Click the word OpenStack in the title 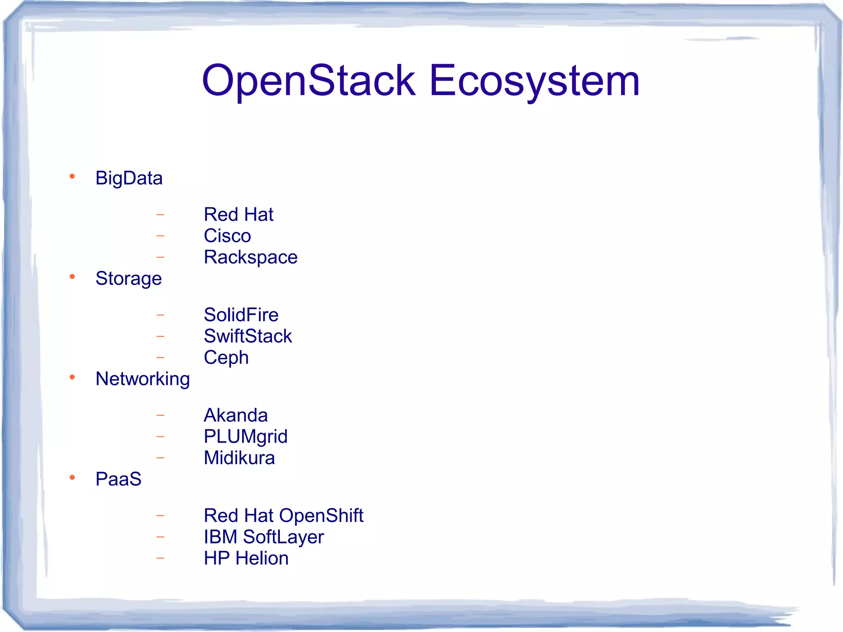pos(309,81)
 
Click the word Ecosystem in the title pos(534,81)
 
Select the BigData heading pos(129,178)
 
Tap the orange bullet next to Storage pos(72,277)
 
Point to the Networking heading pos(142,379)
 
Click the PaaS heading pos(119,479)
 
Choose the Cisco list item pos(227,236)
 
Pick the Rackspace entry pos(250,257)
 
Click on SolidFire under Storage pos(241,315)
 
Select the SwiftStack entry pos(247,336)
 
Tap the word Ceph pos(226,358)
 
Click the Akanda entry pos(235,415)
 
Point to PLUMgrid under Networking pos(245,437)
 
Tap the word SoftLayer pos(283,537)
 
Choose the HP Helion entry pos(246,559)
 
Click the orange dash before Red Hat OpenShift pos(161,515)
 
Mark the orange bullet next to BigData pos(72,177)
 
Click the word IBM pos(220,537)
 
